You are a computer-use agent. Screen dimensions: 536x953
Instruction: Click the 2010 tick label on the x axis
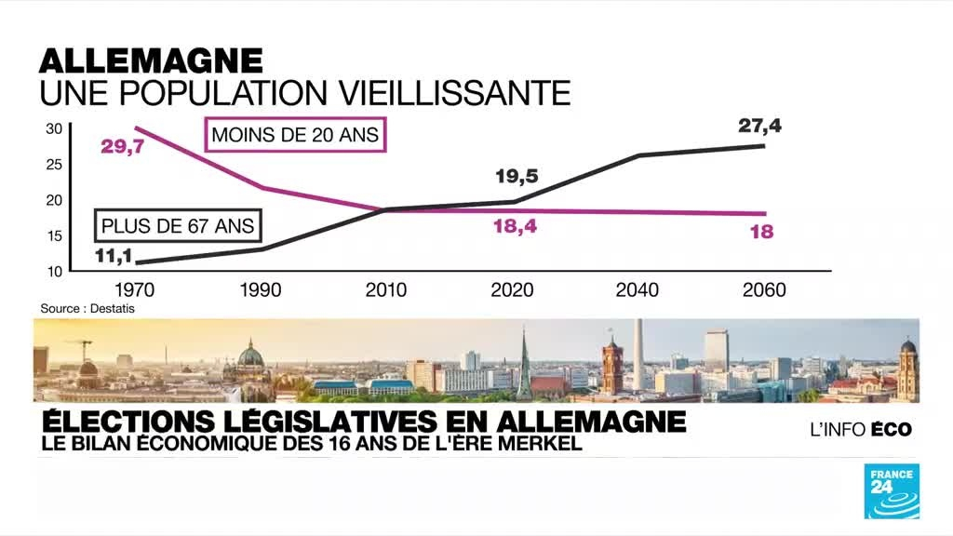386,290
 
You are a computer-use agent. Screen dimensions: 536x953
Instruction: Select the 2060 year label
765,290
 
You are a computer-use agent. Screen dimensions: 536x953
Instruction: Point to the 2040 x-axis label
638,290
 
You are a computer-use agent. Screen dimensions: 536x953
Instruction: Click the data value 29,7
122,146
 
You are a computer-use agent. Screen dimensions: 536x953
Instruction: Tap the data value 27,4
759,126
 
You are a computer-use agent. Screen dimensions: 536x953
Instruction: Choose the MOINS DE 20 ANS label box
295,135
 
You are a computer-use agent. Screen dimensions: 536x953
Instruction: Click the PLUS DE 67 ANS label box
177,226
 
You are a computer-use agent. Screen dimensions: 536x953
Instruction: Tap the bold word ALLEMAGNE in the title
151,61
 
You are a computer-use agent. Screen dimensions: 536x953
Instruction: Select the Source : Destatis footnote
81,308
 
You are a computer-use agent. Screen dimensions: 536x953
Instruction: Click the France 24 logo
892,489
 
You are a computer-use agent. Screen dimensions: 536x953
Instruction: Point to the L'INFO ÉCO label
859,429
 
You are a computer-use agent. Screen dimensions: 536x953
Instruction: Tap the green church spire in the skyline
524,365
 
